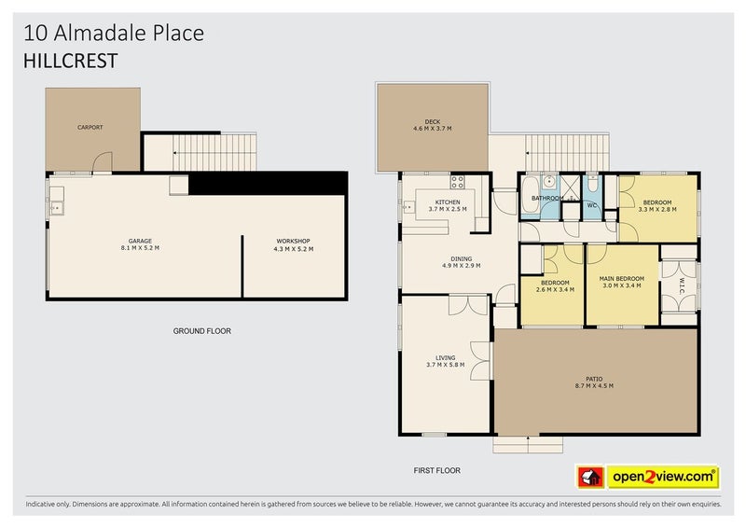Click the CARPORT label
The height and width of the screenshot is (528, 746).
[90, 127]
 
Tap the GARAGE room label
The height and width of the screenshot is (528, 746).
[140, 241]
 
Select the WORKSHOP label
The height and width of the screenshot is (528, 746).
[293, 242]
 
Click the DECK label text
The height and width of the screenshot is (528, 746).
[433, 122]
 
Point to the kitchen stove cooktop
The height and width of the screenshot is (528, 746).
[457, 182]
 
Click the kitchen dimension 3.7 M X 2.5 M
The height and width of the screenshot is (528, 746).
[448, 209]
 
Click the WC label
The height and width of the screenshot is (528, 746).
[592, 205]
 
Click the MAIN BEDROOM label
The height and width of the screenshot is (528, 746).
[622, 279]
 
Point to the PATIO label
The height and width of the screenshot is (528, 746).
[594, 379]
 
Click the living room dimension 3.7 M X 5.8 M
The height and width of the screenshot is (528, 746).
[446, 365]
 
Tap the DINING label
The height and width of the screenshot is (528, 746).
[461, 259]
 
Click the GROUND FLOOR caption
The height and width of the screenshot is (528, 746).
[202, 331]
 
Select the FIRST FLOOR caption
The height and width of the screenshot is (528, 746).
[437, 470]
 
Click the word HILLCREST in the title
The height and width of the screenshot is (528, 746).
[71, 61]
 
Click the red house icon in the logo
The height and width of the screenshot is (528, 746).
[590, 477]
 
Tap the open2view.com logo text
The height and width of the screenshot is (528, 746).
[664, 477]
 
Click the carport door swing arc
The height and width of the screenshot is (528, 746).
[105, 156]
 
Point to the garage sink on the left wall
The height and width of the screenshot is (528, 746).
[57, 208]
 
